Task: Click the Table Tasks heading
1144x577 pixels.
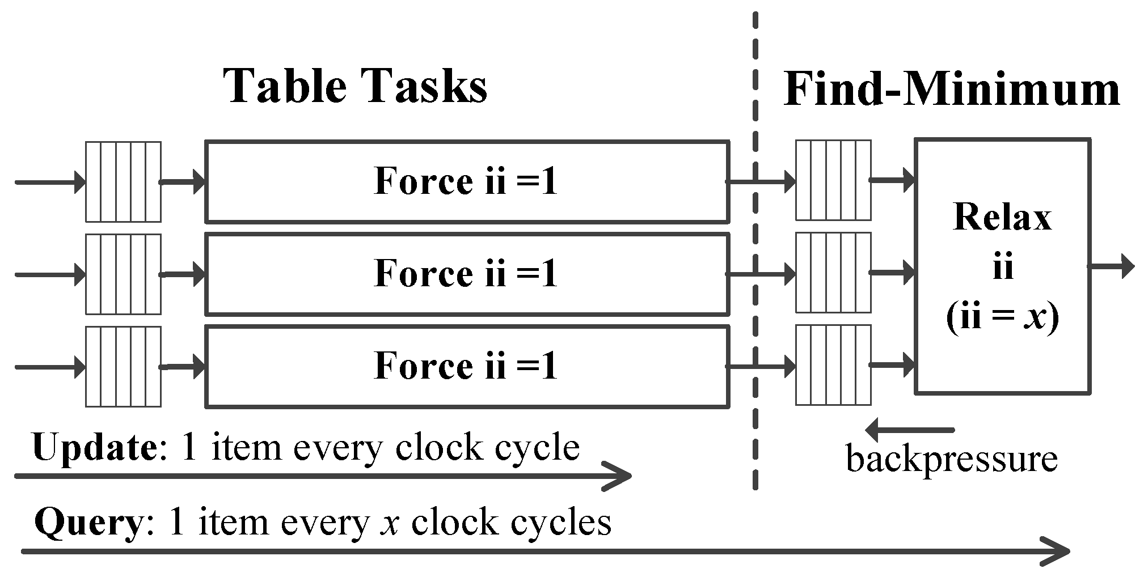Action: (x=356, y=86)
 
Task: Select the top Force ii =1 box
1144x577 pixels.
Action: (x=466, y=181)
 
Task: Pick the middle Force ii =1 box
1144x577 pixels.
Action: (x=466, y=274)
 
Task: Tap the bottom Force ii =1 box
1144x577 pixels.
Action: (x=466, y=366)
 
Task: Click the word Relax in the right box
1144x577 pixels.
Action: (x=1002, y=218)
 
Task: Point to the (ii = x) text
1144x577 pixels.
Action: (x=1002, y=318)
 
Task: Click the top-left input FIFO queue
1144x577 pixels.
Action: (x=123, y=182)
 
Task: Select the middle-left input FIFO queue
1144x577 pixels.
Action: (x=123, y=274)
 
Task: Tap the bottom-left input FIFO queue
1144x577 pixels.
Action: (x=123, y=367)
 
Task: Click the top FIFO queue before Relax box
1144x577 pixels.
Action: (x=833, y=180)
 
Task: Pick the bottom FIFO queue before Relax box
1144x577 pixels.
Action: (x=833, y=365)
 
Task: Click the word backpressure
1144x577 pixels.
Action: (x=952, y=459)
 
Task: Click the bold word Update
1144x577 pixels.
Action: (x=95, y=448)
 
